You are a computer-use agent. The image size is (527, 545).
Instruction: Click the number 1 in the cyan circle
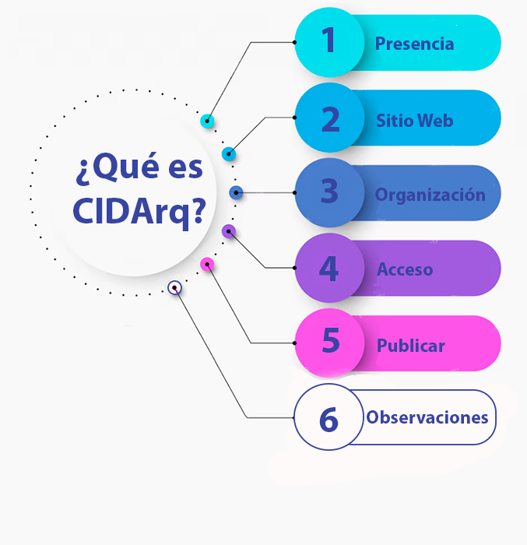point(328,40)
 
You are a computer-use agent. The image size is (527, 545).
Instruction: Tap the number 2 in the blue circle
point(331,119)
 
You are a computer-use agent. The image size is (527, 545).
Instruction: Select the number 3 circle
point(329,192)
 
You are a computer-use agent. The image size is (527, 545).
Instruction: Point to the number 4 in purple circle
point(328,269)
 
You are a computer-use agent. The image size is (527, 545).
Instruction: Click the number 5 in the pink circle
point(331,340)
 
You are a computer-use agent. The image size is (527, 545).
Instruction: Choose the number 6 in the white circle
point(328,420)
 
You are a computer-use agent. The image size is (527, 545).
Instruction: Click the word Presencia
point(414,44)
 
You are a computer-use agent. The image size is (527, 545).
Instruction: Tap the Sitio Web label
point(415,121)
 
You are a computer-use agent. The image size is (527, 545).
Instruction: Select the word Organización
point(430,195)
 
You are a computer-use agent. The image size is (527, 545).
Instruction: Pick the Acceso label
point(405,269)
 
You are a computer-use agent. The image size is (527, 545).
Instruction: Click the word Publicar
point(410,346)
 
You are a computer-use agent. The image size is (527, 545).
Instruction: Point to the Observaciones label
point(427,417)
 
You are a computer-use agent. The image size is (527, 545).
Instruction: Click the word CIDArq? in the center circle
point(139,212)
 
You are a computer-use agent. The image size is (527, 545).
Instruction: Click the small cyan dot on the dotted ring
point(207,121)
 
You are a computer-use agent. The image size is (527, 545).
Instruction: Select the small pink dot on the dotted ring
point(207,265)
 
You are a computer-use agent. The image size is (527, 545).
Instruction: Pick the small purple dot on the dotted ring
point(229,231)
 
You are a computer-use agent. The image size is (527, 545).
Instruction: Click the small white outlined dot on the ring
point(174,288)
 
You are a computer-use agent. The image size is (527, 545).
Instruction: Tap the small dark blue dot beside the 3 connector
point(236,192)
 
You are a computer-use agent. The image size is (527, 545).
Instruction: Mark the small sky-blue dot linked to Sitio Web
point(229,154)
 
